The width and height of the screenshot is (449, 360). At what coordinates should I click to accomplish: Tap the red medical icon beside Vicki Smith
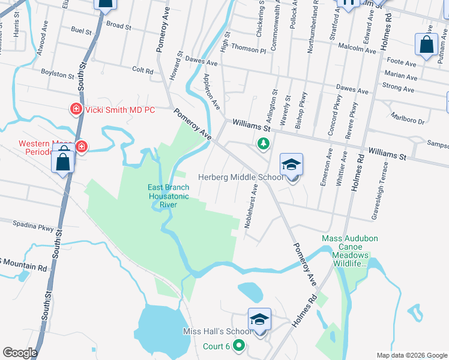[76, 109]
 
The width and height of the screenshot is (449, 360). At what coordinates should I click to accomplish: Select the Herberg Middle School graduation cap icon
[291, 165]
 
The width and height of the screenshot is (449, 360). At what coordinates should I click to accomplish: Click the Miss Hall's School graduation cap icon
[259, 319]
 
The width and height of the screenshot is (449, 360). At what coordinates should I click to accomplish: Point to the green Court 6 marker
[239, 346]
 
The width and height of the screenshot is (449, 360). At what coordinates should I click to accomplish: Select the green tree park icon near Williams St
[262, 143]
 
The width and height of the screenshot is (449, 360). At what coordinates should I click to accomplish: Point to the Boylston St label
[57, 73]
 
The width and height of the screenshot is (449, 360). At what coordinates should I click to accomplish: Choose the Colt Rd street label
[143, 70]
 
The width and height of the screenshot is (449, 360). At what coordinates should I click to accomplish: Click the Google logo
[19, 353]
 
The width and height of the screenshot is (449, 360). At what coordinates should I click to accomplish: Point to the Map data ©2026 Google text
[411, 355]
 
